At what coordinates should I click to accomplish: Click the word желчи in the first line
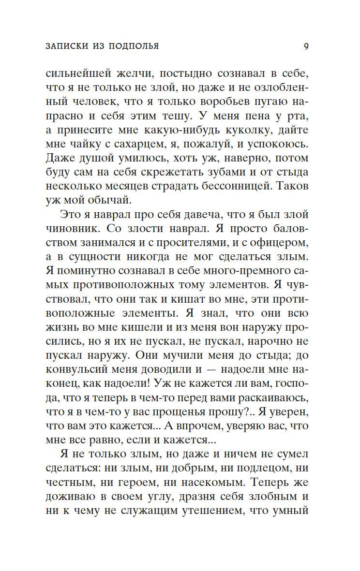pos(133,75)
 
